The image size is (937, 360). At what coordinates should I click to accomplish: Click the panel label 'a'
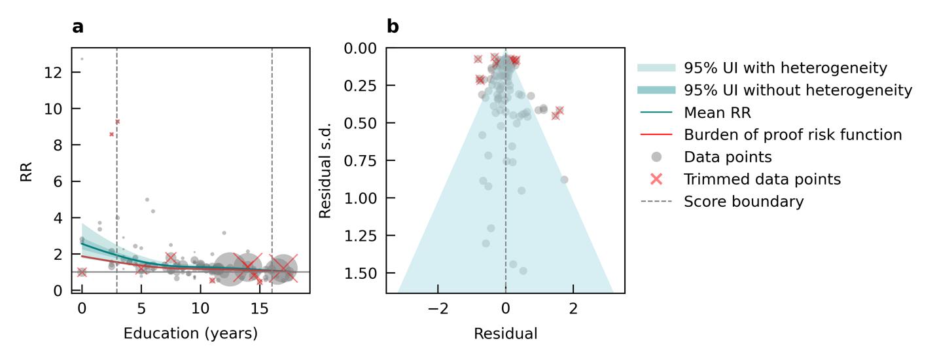[x=78, y=27]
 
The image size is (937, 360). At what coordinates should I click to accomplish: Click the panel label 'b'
[x=393, y=27]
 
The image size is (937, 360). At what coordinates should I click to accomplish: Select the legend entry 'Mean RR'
[x=717, y=113]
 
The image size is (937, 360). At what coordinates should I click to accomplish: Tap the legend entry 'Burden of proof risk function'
[x=792, y=135]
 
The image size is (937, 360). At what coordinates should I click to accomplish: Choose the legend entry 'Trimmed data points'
[x=762, y=179]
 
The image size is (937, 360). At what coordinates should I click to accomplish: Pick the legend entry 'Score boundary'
[x=743, y=202]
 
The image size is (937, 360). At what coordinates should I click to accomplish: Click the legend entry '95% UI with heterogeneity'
[x=785, y=68]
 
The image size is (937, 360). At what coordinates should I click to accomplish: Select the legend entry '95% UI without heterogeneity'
[x=798, y=90]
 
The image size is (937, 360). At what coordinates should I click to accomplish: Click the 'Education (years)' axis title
[x=190, y=334]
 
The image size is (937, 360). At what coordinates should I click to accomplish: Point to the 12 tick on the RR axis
[x=54, y=72]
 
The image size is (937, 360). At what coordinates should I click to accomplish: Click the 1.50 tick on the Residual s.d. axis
[x=364, y=273]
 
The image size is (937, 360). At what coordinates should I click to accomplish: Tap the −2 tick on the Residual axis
[x=437, y=308]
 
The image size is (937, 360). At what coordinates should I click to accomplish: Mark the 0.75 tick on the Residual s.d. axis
[x=364, y=160]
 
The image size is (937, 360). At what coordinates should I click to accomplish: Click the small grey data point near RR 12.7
[x=82, y=59]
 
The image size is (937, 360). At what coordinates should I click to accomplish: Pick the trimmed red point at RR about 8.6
[x=112, y=134]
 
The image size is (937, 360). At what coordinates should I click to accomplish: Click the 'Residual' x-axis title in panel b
[x=505, y=334]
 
